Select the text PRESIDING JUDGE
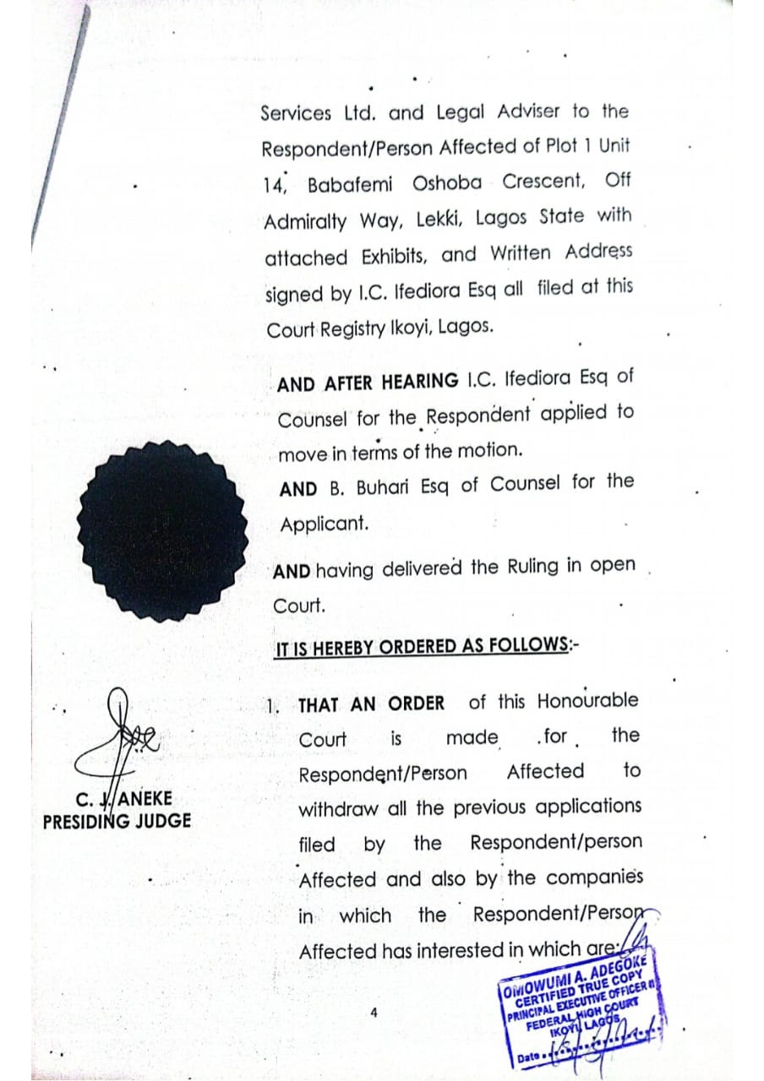tap(117, 820)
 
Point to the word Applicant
tap(325, 524)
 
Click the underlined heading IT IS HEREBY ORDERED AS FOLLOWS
tap(425, 647)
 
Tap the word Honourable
tap(587, 701)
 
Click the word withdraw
tap(338, 808)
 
